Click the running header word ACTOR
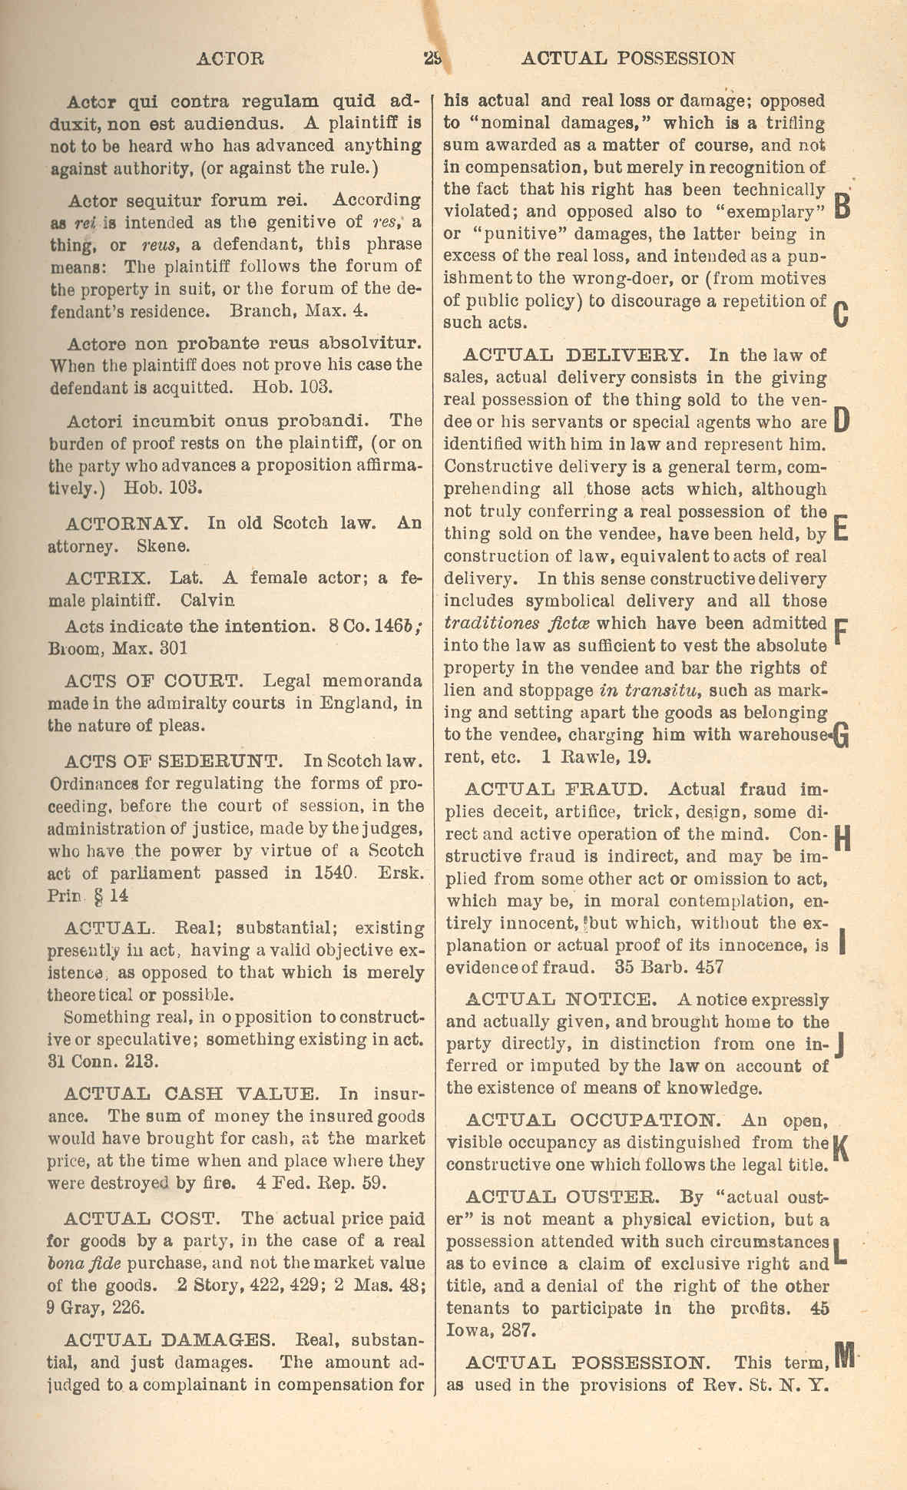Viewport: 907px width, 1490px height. coord(230,58)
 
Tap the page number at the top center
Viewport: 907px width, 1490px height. coord(432,58)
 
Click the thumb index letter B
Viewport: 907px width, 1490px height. coord(842,204)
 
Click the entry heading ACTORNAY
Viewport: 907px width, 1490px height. coord(127,524)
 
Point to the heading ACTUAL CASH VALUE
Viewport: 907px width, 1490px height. coord(190,1094)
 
